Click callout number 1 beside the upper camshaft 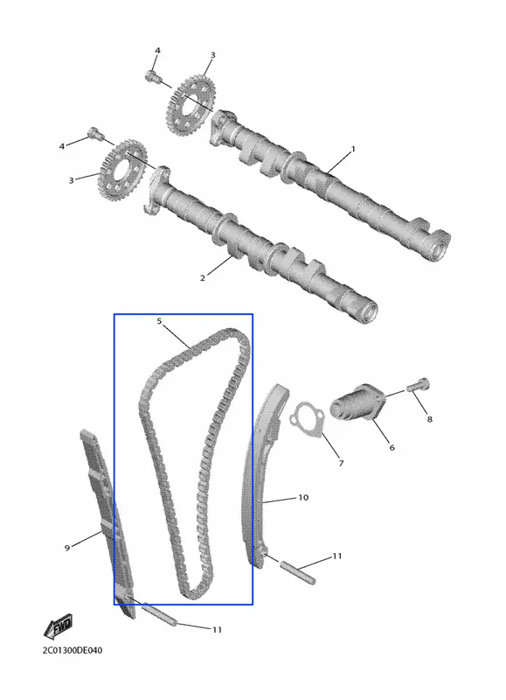point(353,149)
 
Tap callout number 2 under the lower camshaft point(203,277)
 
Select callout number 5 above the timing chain point(159,321)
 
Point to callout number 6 point(392,447)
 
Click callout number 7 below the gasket point(341,464)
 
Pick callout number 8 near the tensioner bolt point(429,419)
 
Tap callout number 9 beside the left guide point(67,548)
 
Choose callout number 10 point(303,497)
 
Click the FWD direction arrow point(59,627)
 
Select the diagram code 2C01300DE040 point(73,650)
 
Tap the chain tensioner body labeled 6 point(357,403)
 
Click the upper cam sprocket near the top point(191,104)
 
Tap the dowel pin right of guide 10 point(298,571)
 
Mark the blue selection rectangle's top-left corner point(114,314)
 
